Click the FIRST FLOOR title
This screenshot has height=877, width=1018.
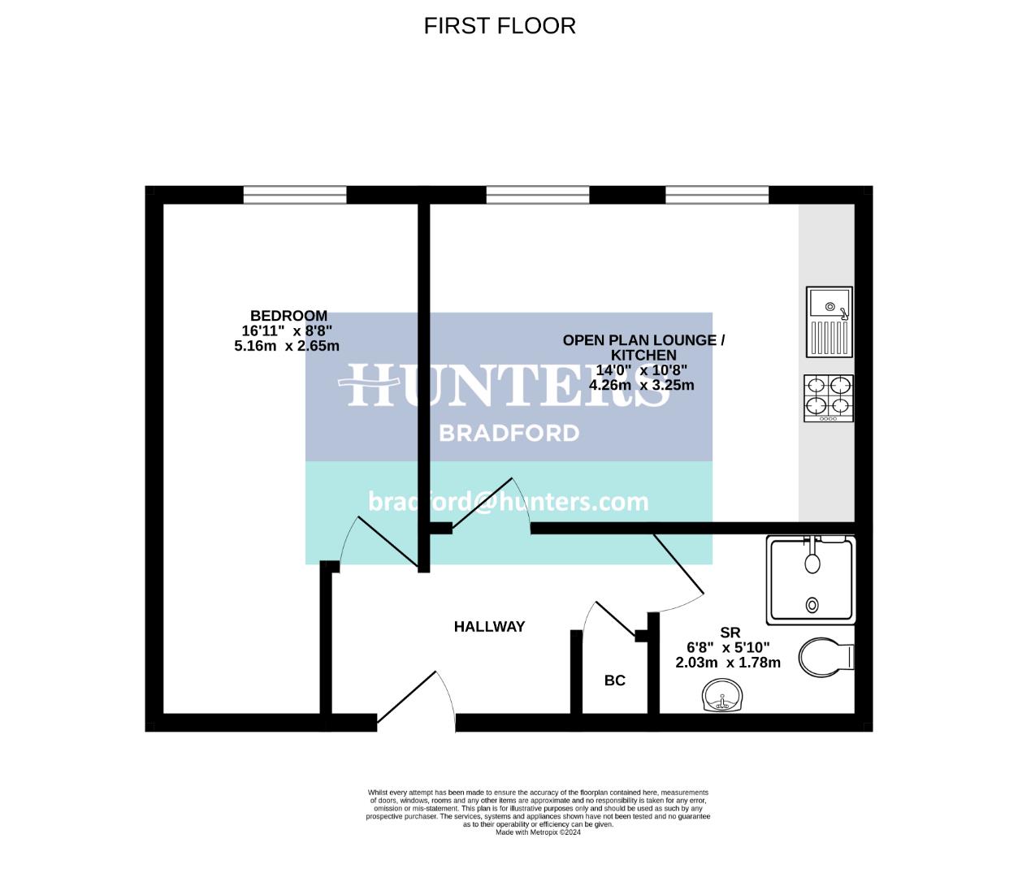pos(500,26)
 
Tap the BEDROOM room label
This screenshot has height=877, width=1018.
pos(288,316)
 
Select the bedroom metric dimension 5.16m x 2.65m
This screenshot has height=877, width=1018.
pos(287,346)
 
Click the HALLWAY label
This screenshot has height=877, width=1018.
pos(489,627)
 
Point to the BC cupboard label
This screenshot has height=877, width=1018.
pos(615,680)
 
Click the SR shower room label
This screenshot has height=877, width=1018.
pos(730,633)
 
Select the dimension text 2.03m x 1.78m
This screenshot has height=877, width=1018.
pos(728,663)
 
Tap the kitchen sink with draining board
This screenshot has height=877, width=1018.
pos(829,322)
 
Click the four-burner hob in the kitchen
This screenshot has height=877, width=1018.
pos(829,398)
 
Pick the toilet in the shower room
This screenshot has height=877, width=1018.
pos(825,657)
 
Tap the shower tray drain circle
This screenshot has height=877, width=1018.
pos(812,605)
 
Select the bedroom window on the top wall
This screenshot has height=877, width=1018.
pos(295,195)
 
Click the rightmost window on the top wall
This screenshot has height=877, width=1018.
pos(717,195)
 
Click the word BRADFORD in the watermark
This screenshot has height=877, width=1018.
pos(509,433)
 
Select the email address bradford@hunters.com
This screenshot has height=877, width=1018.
pos(509,502)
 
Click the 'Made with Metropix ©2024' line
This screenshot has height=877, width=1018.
pos(538,832)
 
